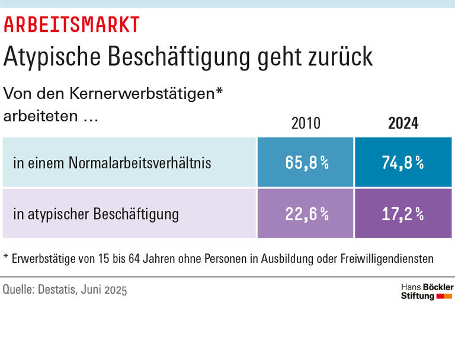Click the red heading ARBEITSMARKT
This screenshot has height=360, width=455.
[x=72, y=24]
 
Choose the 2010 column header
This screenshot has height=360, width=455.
[x=306, y=123]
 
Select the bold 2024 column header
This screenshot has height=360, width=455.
[x=403, y=123]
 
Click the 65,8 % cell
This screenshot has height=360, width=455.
[x=306, y=163]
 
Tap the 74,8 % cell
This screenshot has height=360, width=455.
[x=403, y=163]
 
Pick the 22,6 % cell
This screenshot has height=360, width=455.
[x=306, y=214]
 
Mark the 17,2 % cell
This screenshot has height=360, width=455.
[x=403, y=214]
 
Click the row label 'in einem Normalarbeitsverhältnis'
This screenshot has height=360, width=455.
[x=112, y=163]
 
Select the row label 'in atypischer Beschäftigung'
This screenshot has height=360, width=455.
[x=96, y=214]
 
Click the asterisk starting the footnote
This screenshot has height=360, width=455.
[x=6, y=258]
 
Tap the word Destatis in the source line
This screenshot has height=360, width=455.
[x=60, y=290]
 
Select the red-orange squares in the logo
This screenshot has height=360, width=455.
[x=444, y=295]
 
